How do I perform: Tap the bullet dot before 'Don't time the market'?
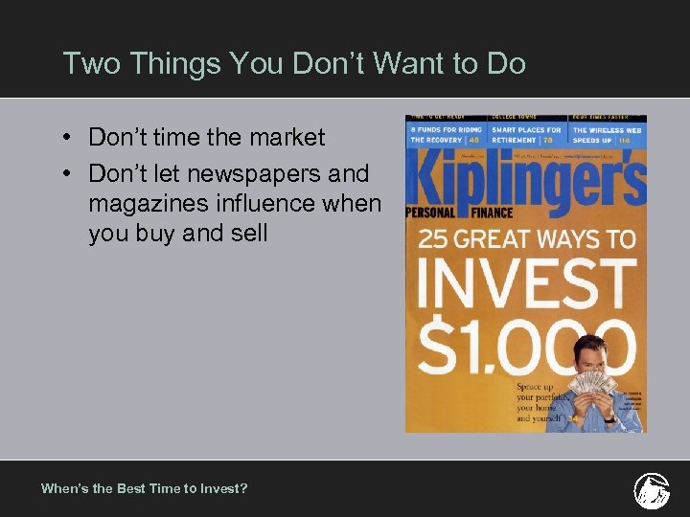tap(71, 138)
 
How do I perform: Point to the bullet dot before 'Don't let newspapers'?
tap(71, 174)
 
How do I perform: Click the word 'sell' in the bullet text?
tap(250, 234)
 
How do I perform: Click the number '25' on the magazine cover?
tap(434, 237)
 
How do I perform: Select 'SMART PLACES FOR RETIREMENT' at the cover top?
tap(526, 134)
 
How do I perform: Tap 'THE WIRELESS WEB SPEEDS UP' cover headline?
tap(607, 134)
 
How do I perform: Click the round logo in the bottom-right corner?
tap(652, 489)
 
